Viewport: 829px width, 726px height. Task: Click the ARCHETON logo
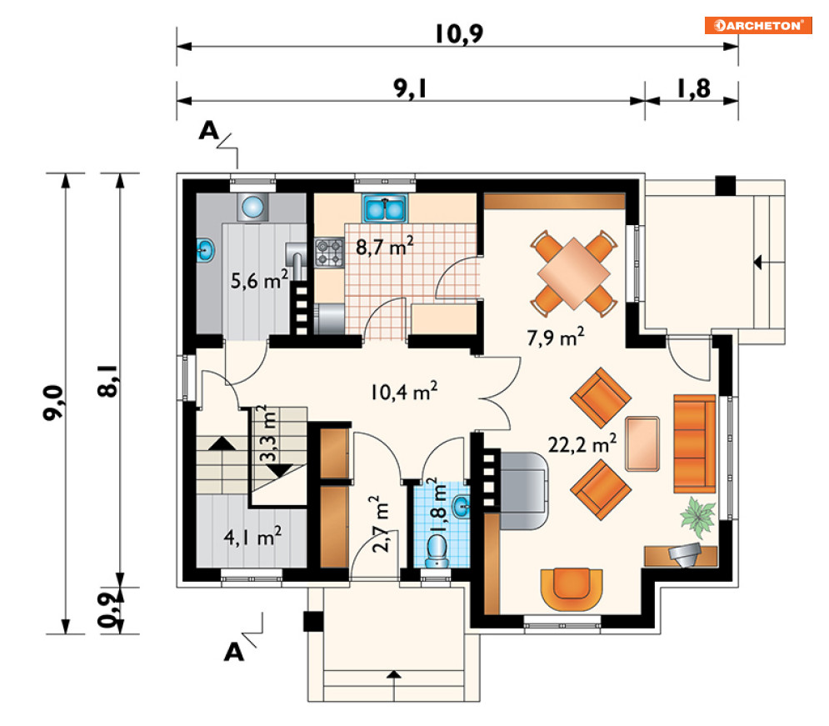[757, 25]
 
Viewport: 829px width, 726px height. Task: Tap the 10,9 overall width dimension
[459, 34]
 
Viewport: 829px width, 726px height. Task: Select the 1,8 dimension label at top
[694, 88]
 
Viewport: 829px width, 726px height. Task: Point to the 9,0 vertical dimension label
[52, 403]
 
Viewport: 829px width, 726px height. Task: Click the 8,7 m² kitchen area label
[384, 246]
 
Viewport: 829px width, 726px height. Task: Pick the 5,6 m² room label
[259, 279]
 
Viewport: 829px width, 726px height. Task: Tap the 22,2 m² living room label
[582, 443]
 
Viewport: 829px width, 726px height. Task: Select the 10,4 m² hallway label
[404, 391]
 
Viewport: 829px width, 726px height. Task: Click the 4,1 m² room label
[252, 537]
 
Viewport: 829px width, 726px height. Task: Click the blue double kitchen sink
[384, 208]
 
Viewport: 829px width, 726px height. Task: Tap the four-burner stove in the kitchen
[329, 253]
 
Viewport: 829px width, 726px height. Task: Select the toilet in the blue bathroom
[437, 550]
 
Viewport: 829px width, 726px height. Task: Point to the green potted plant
[698, 514]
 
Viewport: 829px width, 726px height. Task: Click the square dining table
[574, 273]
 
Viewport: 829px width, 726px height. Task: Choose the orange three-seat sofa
[694, 443]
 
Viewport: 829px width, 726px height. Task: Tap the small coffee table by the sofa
[642, 443]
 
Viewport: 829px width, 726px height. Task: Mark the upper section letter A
[208, 131]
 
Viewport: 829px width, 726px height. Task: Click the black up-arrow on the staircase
[222, 443]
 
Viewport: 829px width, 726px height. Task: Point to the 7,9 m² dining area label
[555, 337]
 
